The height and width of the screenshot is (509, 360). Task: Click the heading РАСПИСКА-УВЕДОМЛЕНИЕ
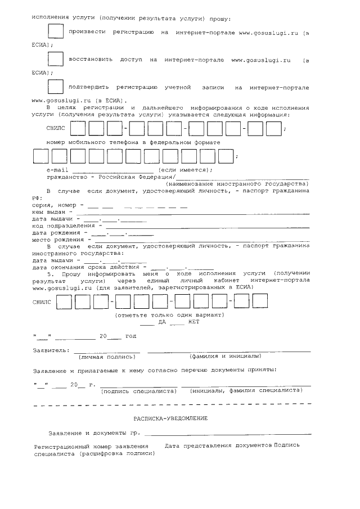click(x=170, y=418)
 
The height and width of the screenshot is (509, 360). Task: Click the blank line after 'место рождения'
click(x=202, y=240)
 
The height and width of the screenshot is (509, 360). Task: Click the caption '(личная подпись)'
click(x=107, y=357)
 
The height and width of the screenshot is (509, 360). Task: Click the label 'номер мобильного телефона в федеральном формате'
click(x=133, y=143)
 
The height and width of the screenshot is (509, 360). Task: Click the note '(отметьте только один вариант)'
click(x=169, y=315)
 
